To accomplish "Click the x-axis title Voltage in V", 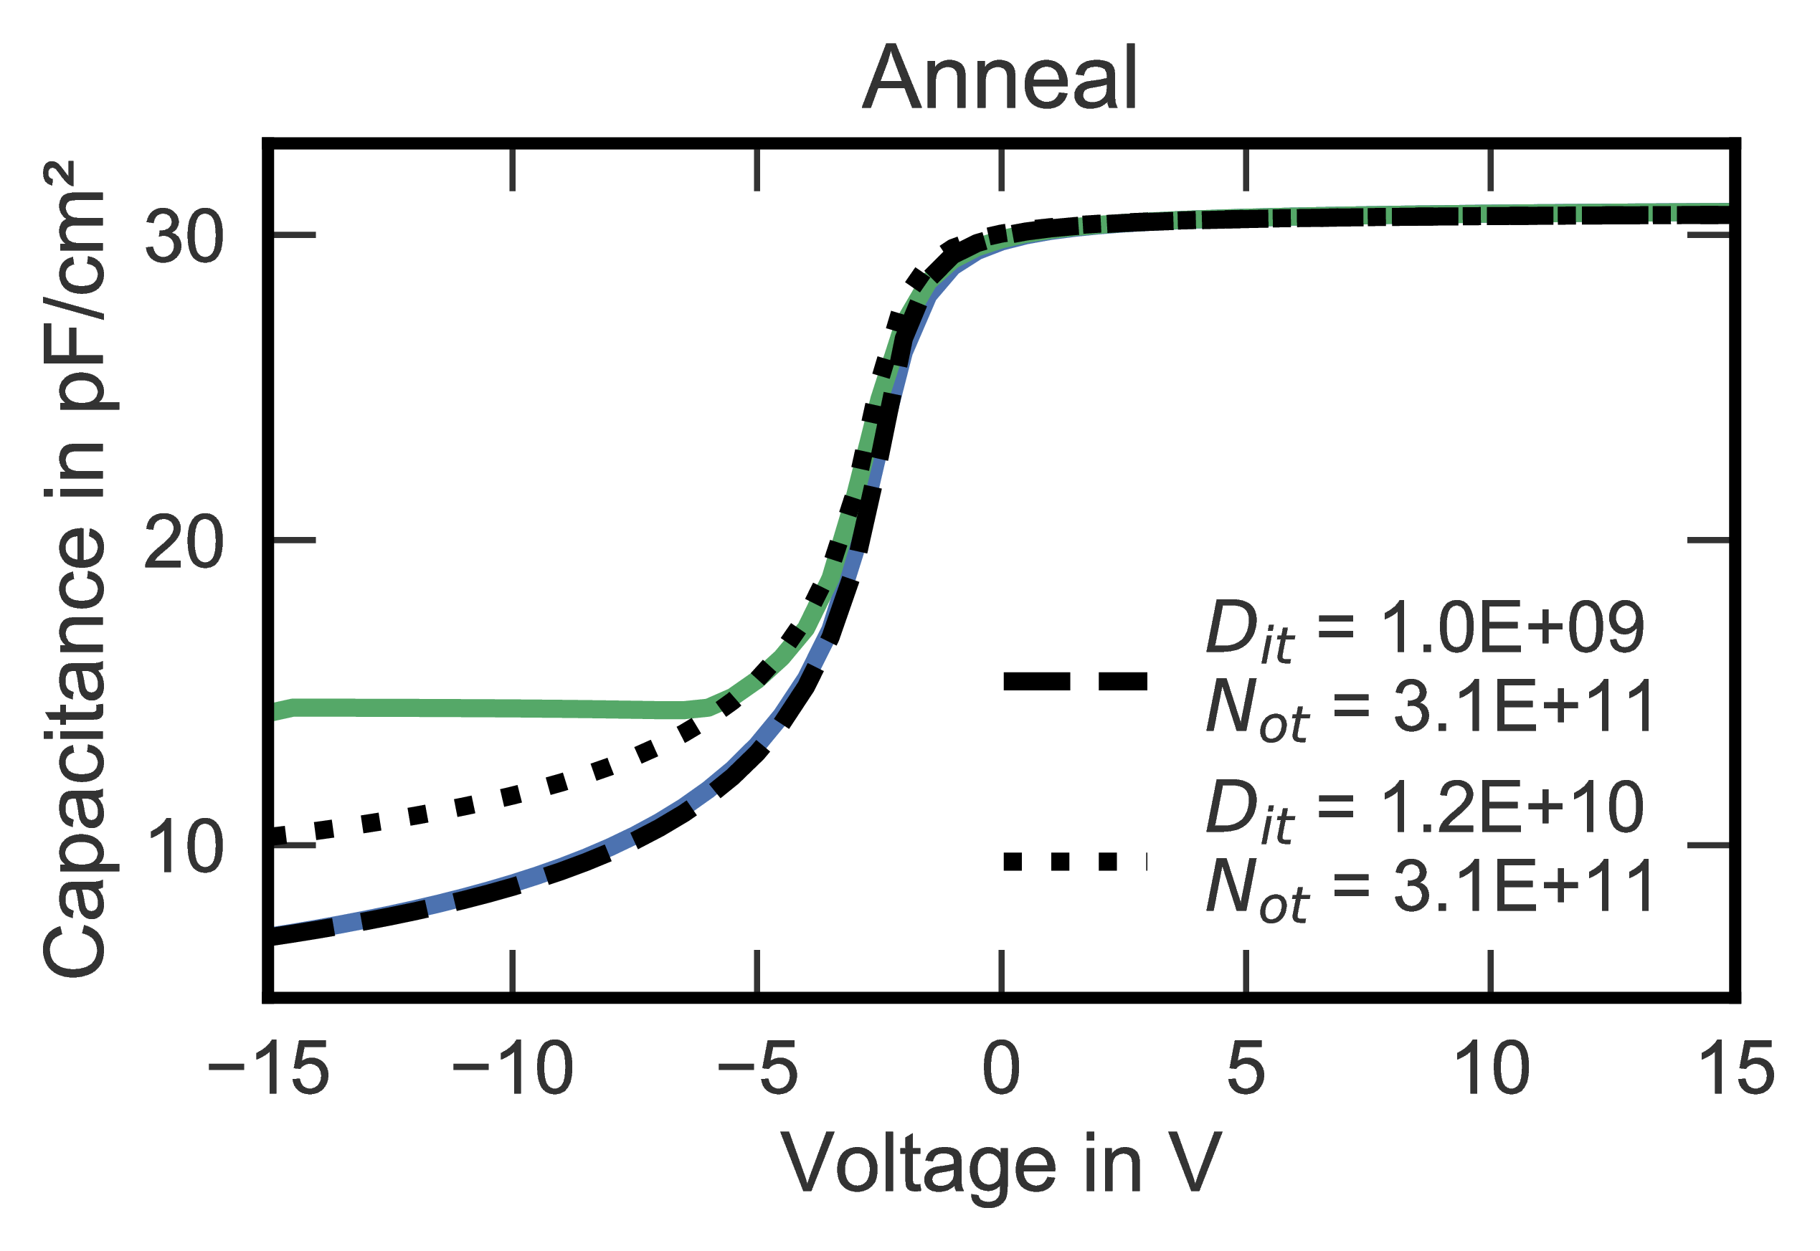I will point(1000,1166).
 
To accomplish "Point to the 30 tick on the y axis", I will point(185,236).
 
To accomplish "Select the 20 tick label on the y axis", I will point(185,542).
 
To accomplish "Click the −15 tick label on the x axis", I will point(267,1069).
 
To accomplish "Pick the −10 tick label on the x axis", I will point(513,1069).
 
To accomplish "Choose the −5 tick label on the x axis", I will point(757,1069).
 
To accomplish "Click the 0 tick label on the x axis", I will point(1002,1069).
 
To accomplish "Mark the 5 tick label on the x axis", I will point(1246,1069).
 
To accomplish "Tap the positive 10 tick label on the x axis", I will point(1491,1069).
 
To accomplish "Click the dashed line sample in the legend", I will point(1076,682).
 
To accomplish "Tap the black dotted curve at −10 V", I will point(513,796).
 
